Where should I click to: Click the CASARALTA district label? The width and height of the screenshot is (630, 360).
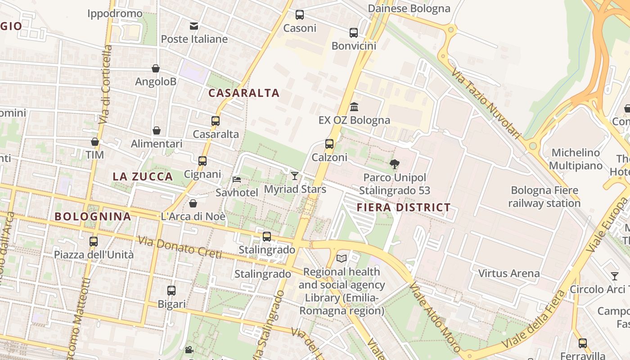pyautogui.click(x=244, y=93)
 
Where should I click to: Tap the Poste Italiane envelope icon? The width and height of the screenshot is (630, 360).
pyautogui.click(x=194, y=26)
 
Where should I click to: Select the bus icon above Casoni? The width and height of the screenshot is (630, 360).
pyautogui.click(x=300, y=15)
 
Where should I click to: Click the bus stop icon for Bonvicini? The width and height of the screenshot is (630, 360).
pyautogui.click(x=354, y=33)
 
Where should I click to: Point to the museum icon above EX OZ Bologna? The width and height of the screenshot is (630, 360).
pyautogui.click(x=354, y=107)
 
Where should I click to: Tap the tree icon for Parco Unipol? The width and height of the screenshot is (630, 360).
pyautogui.click(x=395, y=164)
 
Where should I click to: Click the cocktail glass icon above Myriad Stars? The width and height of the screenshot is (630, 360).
pyautogui.click(x=295, y=176)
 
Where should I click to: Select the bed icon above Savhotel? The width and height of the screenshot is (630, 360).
pyautogui.click(x=237, y=180)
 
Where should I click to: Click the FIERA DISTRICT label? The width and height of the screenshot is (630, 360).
pyautogui.click(x=404, y=207)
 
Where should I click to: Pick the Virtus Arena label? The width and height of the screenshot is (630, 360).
pyautogui.click(x=509, y=273)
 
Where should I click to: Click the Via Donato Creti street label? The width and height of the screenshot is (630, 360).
pyautogui.click(x=180, y=247)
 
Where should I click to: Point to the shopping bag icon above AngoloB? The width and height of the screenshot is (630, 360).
pyautogui.click(x=156, y=68)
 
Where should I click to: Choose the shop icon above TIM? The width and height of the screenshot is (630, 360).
pyautogui.click(x=95, y=142)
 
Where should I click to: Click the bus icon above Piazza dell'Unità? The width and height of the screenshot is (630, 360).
pyautogui.click(x=94, y=242)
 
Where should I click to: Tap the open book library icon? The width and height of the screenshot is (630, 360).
pyautogui.click(x=342, y=258)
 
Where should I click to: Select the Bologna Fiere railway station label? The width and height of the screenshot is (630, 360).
pyautogui.click(x=544, y=197)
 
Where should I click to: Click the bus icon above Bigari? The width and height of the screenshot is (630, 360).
pyautogui.click(x=171, y=291)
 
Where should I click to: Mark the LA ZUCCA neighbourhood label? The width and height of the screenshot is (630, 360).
pyautogui.click(x=143, y=176)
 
